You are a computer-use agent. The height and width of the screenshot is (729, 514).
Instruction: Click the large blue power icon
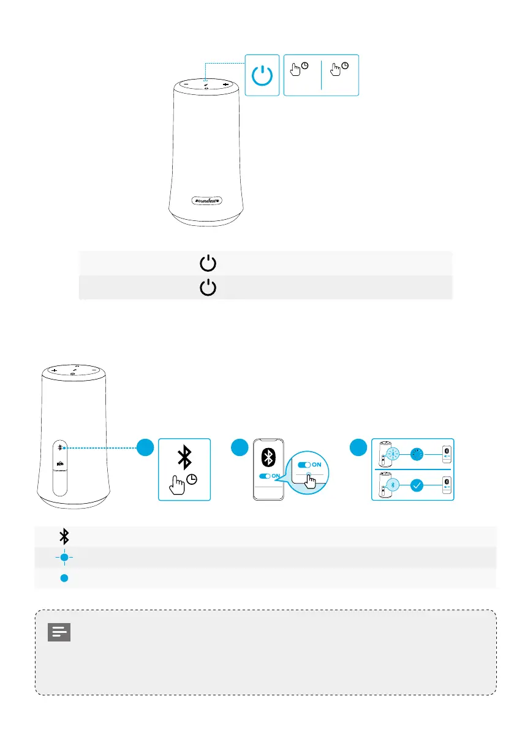click(263, 75)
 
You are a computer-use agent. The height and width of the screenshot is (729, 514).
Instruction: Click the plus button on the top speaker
click(225, 84)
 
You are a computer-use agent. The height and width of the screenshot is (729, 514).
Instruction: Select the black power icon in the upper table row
click(208, 264)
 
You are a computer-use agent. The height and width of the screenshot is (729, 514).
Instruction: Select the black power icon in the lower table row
click(208, 288)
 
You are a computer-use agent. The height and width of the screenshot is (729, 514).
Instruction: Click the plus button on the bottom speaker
click(55, 370)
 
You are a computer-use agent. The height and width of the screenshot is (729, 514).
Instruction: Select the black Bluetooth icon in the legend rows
click(63, 537)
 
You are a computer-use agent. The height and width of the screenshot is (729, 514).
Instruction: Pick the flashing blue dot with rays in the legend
click(63, 558)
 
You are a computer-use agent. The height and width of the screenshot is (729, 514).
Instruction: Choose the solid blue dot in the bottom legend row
click(63, 578)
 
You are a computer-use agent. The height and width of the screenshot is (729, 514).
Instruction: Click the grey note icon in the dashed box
click(59, 632)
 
